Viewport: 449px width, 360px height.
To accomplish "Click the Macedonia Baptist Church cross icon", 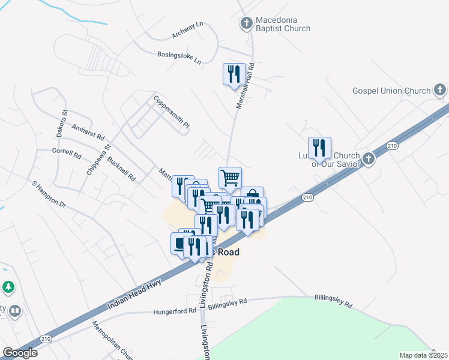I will (x=246, y=23).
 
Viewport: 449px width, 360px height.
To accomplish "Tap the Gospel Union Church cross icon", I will (x=440, y=91).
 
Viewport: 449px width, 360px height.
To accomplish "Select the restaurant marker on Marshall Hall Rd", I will (x=234, y=74).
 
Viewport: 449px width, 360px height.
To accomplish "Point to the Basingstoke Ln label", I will (x=179, y=57).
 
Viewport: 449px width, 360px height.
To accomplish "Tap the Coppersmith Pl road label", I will (x=171, y=112).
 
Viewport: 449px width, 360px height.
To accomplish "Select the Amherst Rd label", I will (x=88, y=133).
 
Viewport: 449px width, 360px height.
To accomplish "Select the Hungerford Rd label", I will (x=175, y=311).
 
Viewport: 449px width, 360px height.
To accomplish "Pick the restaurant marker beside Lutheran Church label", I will (x=319, y=148).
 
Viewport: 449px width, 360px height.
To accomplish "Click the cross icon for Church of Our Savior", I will (x=368, y=159).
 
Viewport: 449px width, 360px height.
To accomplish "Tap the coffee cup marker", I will (x=179, y=244).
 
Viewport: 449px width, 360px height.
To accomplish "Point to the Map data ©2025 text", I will (x=424, y=355).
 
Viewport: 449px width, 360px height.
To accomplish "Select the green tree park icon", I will (x=8, y=287).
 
